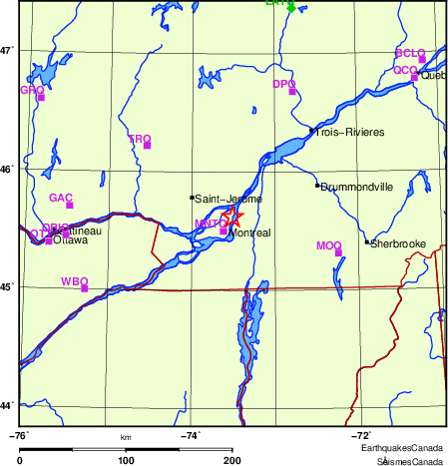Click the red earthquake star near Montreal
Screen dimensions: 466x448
pos(232,217)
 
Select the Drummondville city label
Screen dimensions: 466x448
pos(356,187)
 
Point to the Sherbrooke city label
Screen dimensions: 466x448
pos(399,243)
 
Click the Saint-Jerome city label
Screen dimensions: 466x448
pos(228,200)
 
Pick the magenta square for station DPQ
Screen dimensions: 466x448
pos(293,92)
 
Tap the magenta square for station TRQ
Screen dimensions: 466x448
pos(148,146)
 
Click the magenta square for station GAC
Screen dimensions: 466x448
pos(70,206)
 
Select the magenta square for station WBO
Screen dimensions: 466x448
pos(85,288)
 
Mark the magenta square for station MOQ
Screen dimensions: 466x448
pos(338,252)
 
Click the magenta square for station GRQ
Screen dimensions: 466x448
pos(41,97)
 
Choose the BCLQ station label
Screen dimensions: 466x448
pos(410,52)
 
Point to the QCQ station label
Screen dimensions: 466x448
pos(404,70)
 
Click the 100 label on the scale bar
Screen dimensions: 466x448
pos(126,460)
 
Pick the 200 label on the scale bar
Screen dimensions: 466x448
pos(232,460)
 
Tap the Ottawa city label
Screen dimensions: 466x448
pos(71,240)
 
